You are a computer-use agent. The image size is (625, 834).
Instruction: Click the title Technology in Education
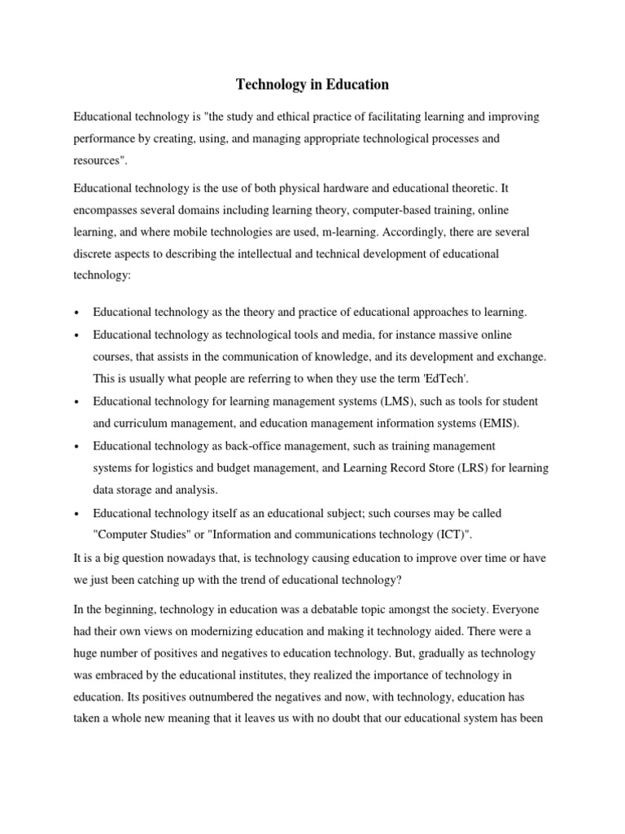pyautogui.click(x=312, y=85)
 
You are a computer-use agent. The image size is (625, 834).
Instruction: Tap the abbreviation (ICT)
pyautogui.click(x=443, y=534)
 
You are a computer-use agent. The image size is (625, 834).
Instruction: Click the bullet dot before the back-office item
pyautogui.click(x=76, y=447)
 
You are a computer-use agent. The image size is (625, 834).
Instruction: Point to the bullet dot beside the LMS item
pyautogui.click(x=76, y=402)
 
